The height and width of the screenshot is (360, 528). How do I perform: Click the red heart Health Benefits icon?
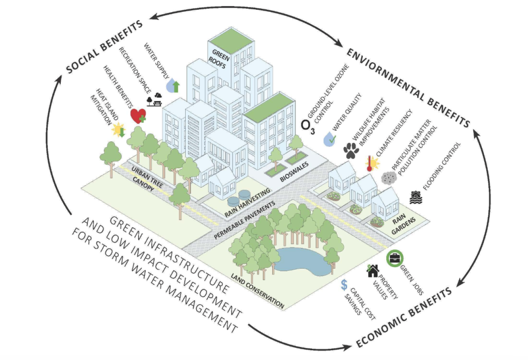138,116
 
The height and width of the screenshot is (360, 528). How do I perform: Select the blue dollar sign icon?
344,285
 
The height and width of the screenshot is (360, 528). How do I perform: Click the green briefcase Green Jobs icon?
394,257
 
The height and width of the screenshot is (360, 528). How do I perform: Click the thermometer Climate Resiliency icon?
371,163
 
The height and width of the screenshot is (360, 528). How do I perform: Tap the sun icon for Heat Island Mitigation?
119,129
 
